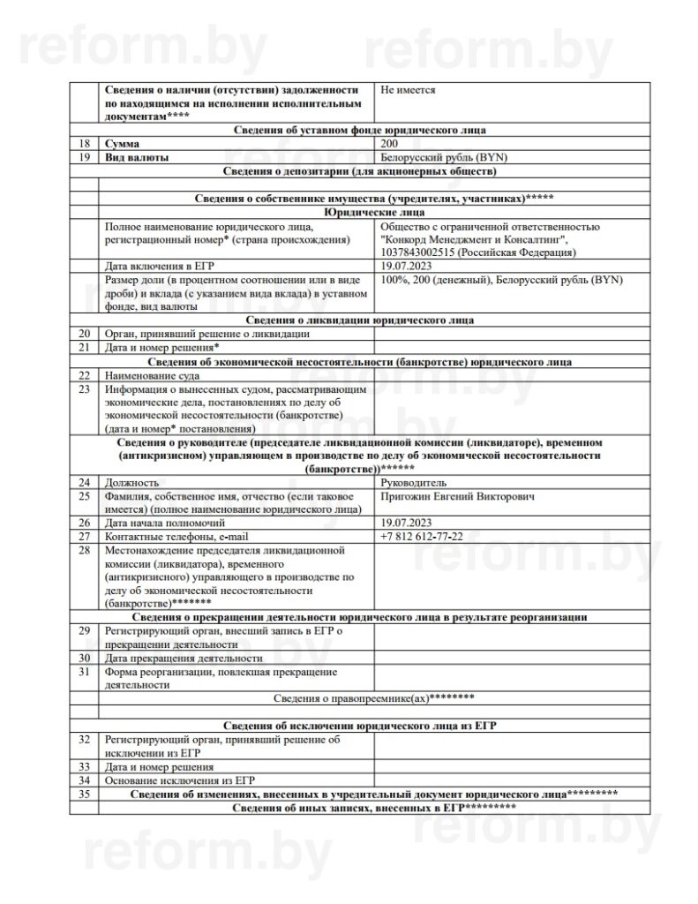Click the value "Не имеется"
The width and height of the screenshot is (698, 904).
(408, 90)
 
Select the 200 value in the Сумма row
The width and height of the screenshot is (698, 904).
(390, 143)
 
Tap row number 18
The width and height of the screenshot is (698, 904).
(84, 143)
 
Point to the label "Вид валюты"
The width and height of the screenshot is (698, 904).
(137, 157)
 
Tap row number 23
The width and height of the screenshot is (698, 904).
(84, 388)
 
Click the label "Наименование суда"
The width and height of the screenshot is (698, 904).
(156, 375)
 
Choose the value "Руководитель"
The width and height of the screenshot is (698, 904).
(413, 483)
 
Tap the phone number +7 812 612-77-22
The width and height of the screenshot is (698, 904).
(422, 537)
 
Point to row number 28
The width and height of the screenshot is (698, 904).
(84, 550)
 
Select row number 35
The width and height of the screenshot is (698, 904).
(84, 795)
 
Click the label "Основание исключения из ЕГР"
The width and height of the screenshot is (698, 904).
(179, 780)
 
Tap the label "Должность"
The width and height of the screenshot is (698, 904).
(131, 483)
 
